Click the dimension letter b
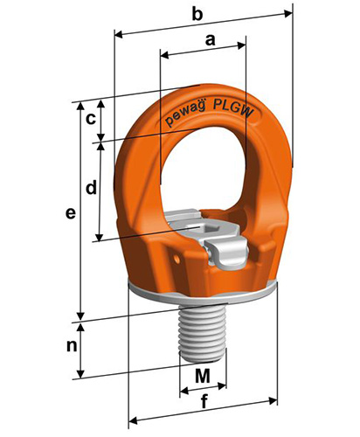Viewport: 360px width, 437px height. pos(197,14)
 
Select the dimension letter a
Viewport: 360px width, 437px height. pos(211,40)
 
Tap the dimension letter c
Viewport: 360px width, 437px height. pos(91,119)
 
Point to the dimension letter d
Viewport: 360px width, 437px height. pos(91,187)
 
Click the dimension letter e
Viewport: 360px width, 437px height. pos(71,213)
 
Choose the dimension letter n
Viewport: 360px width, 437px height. pos(72,346)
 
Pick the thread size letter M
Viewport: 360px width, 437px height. pos(203,376)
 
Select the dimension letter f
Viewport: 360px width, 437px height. pos(204,401)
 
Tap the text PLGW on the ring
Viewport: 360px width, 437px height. pos(232,108)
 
